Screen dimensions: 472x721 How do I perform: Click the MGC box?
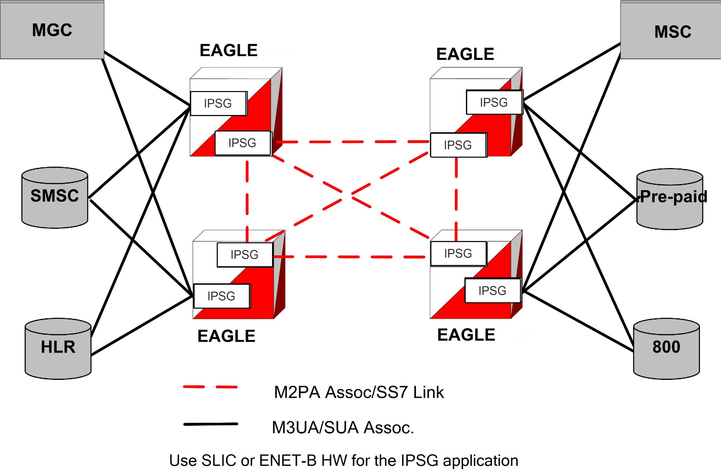52,30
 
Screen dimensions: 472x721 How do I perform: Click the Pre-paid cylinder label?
673,197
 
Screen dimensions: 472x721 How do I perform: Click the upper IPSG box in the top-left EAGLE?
218,103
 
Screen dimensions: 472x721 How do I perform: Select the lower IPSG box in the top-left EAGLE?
242,143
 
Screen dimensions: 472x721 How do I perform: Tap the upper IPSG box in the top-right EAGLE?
494,102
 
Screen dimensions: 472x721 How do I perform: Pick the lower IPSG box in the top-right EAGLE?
458,145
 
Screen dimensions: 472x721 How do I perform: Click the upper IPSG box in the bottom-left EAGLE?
244,254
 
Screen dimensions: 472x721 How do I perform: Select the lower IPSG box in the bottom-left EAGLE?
222,296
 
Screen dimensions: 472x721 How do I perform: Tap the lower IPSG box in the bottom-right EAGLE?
492,291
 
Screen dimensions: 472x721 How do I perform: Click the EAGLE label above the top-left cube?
229,50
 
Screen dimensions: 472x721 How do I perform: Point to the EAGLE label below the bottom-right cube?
466,335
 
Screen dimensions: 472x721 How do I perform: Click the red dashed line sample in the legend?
210,387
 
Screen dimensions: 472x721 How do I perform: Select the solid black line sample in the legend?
211,424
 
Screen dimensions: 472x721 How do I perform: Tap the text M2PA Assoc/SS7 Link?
359,392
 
